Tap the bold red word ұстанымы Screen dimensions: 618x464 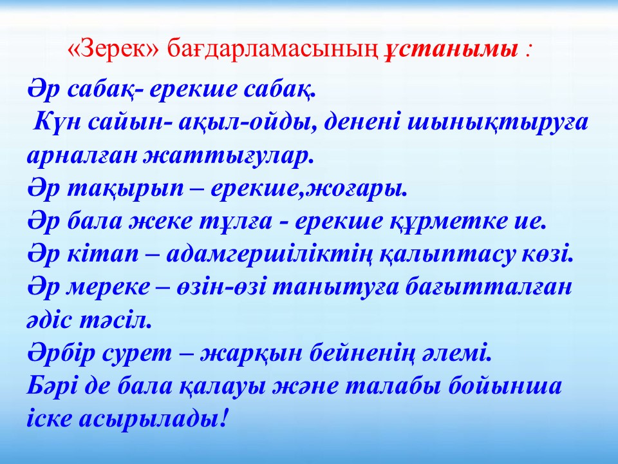[x=451, y=50]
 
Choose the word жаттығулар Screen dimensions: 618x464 [x=228, y=157]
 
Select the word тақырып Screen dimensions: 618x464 [x=126, y=189]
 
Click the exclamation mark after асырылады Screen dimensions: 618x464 [x=223, y=418]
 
